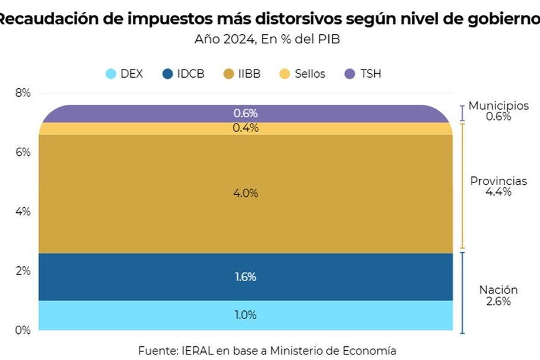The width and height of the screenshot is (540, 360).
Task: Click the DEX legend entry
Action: click(124, 74)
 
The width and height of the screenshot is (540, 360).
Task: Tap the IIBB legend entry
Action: click(242, 74)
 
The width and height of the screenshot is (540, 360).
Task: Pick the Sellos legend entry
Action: click(302, 74)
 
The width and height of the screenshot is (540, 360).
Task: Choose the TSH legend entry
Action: click(363, 74)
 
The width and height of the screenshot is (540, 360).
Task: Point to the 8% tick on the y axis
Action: click(23, 93)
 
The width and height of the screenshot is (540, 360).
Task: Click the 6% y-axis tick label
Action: click(23, 152)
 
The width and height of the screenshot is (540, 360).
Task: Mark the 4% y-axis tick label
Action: click(23, 212)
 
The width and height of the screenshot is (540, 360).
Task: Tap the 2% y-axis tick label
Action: click(23, 271)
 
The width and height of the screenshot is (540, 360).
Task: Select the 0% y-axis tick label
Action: click(23, 330)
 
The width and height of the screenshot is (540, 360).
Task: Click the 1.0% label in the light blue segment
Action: click(245, 315)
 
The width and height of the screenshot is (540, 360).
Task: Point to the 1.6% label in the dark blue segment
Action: click(245, 277)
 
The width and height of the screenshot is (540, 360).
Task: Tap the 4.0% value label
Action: click(245, 193)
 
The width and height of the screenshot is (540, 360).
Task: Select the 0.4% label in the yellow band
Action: click(245, 128)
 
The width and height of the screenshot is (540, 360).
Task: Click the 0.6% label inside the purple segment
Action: click(245, 113)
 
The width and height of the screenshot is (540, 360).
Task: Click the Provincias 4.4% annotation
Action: click(498, 186)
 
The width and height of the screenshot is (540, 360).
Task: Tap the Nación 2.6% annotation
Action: click(498, 295)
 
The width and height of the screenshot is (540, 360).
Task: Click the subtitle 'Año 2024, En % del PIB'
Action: click(267, 38)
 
